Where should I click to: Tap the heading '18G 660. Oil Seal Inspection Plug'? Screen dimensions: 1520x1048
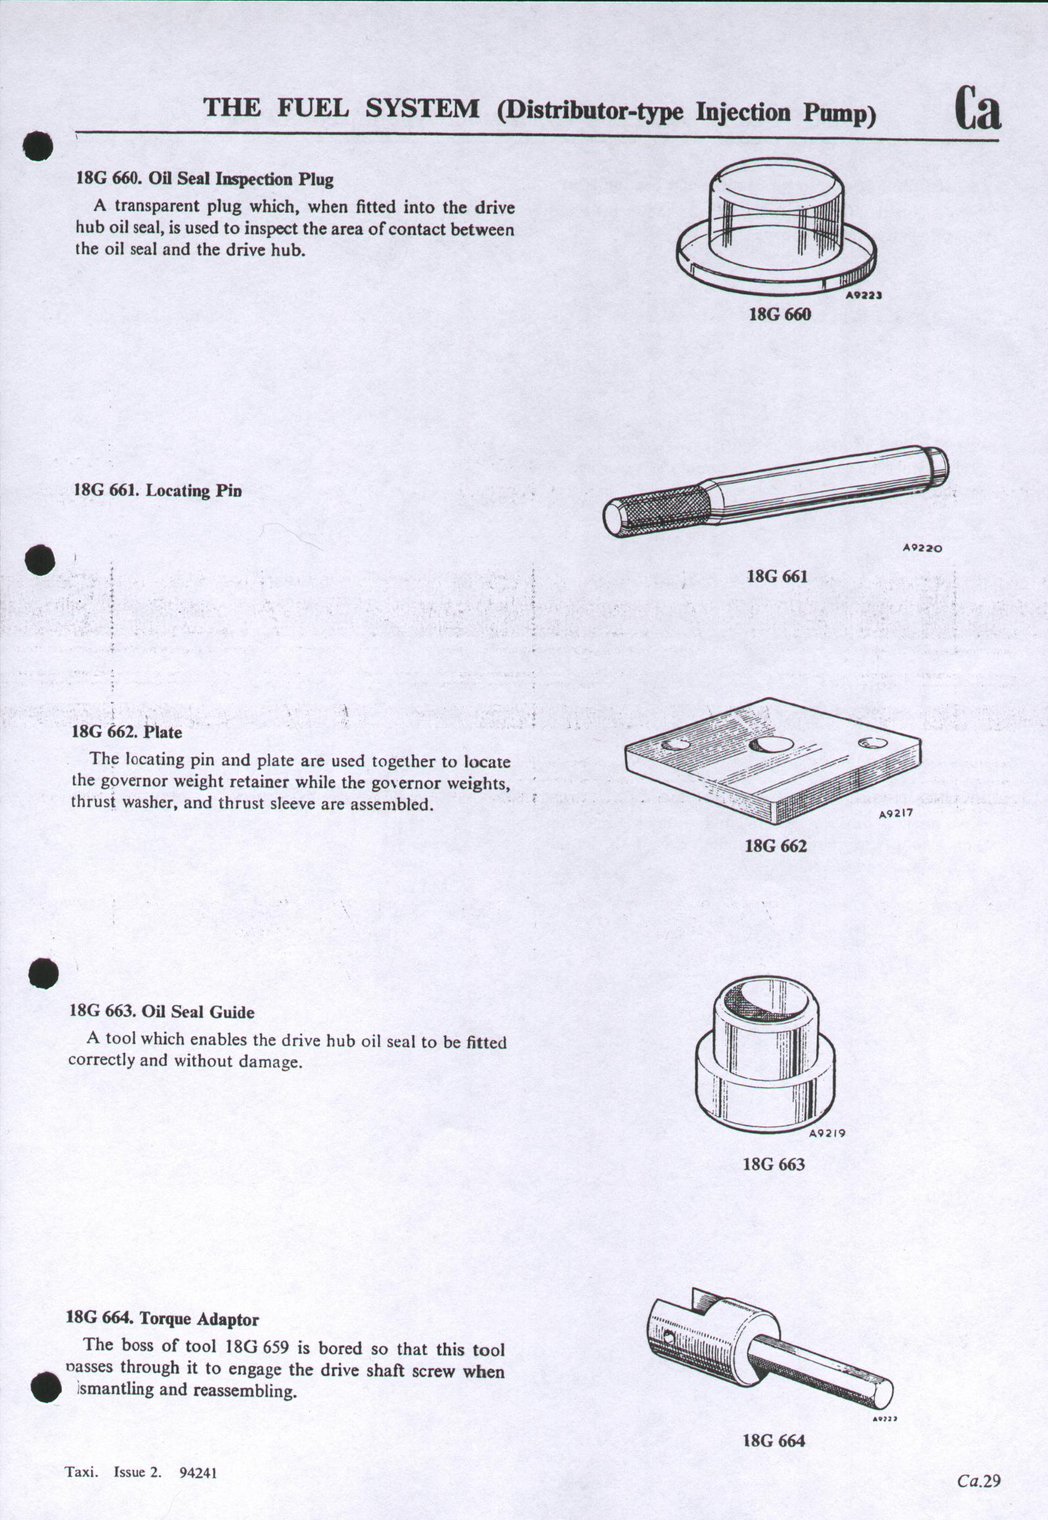click(205, 179)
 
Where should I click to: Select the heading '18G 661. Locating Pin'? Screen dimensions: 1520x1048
click(158, 490)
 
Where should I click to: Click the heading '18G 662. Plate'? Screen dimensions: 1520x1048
click(127, 732)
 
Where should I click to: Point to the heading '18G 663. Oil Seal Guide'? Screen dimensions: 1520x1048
click(162, 1012)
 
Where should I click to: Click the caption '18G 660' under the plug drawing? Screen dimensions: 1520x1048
click(779, 315)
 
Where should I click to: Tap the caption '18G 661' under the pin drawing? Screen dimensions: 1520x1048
click(777, 577)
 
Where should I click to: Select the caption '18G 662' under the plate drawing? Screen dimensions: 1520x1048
click(775, 845)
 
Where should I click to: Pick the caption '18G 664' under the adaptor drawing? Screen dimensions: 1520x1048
click(774, 1441)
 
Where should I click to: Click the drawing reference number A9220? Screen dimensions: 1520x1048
click(923, 548)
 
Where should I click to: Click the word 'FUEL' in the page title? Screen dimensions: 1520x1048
click(313, 108)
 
